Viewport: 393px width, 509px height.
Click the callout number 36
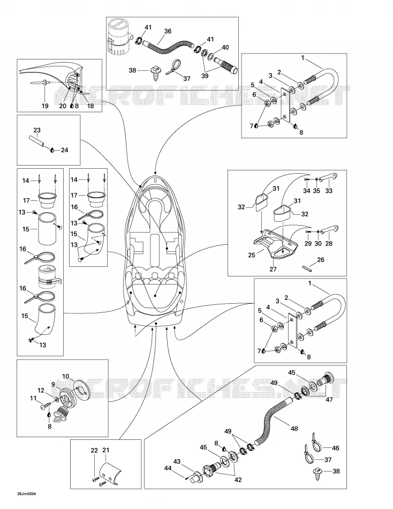168,31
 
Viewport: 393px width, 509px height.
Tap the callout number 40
225,47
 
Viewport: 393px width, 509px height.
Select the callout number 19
45,106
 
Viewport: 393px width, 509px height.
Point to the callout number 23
37,130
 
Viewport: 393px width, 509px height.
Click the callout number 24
65,150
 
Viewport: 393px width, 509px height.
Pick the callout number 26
321,260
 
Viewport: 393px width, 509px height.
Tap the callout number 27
273,269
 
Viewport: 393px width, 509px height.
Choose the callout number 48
294,429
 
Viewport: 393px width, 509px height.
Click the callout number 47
329,400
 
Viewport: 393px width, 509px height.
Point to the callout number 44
168,468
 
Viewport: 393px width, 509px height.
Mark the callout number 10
65,376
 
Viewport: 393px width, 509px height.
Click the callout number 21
106,450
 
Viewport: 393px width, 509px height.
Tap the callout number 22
94,450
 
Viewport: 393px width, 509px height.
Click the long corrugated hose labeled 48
272,419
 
